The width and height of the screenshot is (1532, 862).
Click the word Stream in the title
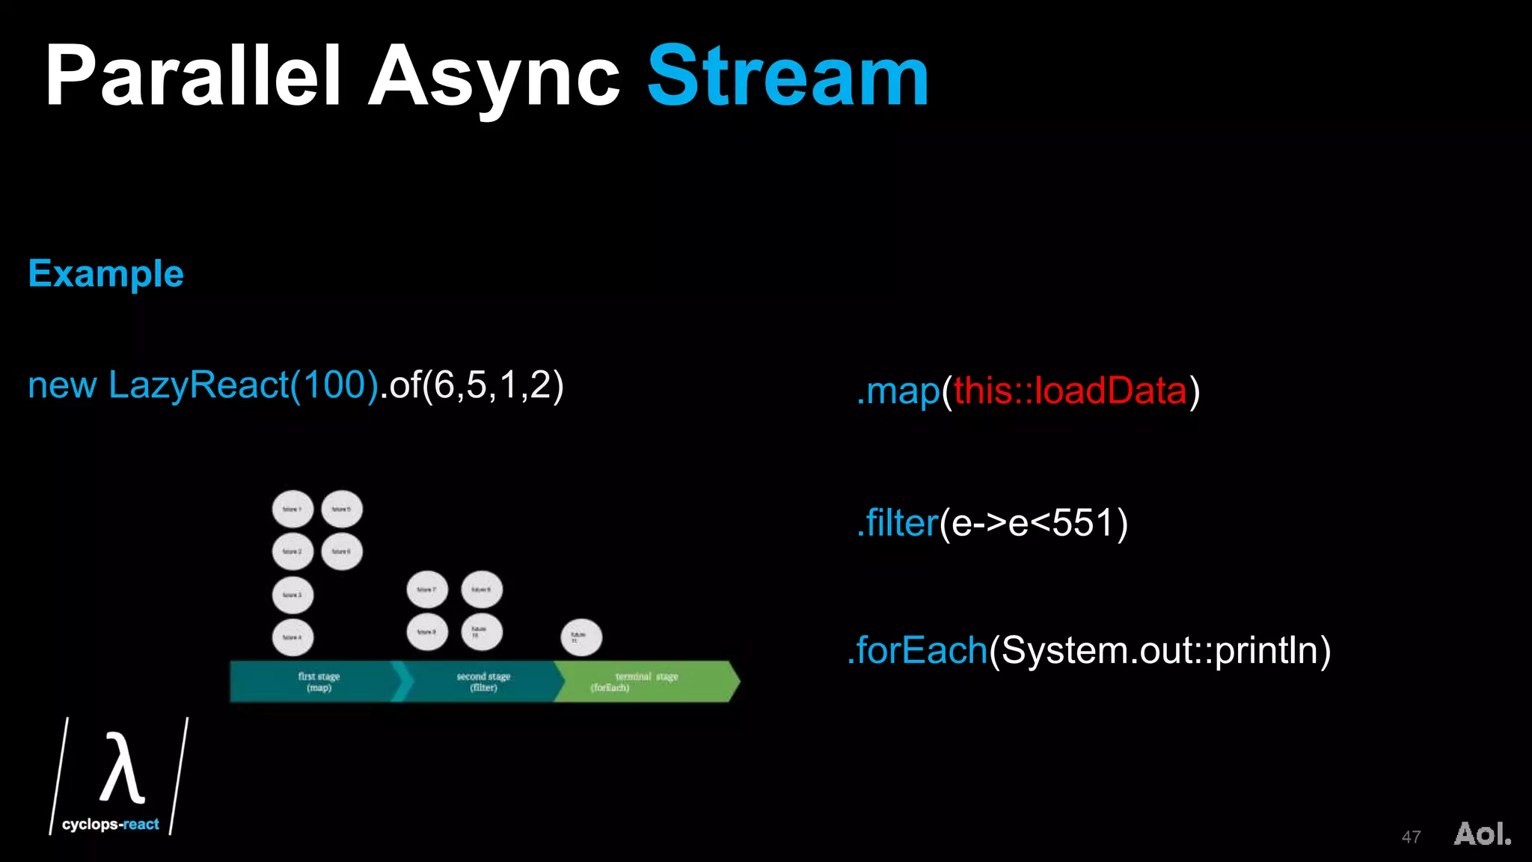pyautogui.click(x=788, y=76)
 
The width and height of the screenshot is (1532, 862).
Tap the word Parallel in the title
pyautogui.click(x=193, y=76)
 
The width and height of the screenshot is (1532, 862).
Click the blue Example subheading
pyautogui.click(x=105, y=274)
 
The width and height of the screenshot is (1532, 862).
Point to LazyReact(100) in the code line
pyautogui.click(x=243, y=385)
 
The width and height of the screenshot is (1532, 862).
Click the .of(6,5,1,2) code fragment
pyautogui.click(x=472, y=385)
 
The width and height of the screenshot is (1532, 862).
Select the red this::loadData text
pyautogui.click(x=1070, y=391)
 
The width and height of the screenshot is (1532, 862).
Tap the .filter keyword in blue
pyautogui.click(x=898, y=522)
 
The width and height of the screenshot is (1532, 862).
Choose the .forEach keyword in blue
pyautogui.click(x=918, y=649)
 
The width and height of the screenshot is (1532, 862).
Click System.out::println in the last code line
pyautogui.click(x=1159, y=649)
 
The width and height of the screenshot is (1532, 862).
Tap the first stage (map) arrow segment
pyautogui.click(x=319, y=682)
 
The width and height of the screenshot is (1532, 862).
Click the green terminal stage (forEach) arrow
pyautogui.click(x=643, y=682)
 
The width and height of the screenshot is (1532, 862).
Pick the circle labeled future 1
pyautogui.click(x=292, y=510)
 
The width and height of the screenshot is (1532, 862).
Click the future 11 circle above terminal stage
pyautogui.click(x=581, y=638)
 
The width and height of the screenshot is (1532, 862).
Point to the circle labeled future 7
pyautogui.click(x=427, y=590)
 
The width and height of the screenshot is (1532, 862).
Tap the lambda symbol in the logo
pyautogui.click(x=121, y=768)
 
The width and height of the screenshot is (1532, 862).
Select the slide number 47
pyautogui.click(x=1411, y=837)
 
